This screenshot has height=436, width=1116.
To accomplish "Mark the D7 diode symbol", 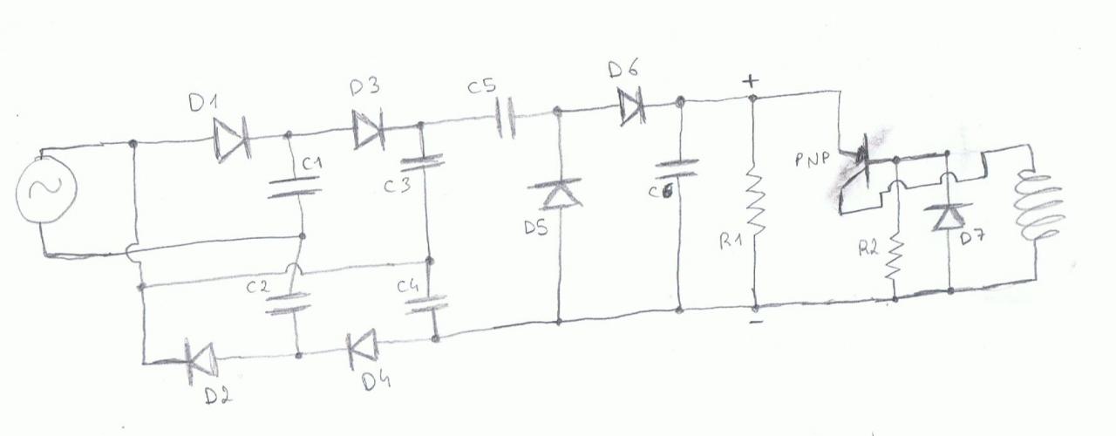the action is (947, 215).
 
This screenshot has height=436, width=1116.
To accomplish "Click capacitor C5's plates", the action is (507, 119).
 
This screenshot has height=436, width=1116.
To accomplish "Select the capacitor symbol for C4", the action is (430, 303).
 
